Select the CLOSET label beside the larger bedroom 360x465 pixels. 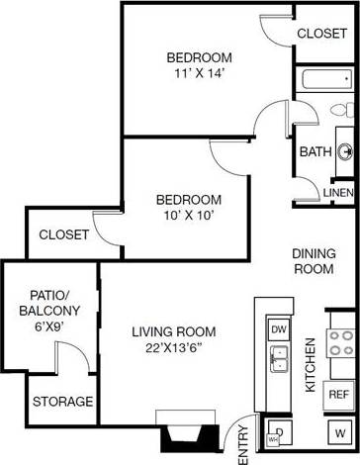click(x=321, y=32)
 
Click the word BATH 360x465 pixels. click(x=315, y=151)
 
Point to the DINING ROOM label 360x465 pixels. click(x=314, y=261)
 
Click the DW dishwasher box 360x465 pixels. click(x=279, y=328)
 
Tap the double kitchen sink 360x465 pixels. click(x=279, y=358)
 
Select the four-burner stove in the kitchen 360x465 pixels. click(x=341, y=343)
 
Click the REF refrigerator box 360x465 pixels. click(x=339, y=394)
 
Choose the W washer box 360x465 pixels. click(x=340, y=432)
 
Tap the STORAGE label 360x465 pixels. click(x=63, y=402)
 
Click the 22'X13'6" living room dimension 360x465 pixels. click(x=174, y=348)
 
